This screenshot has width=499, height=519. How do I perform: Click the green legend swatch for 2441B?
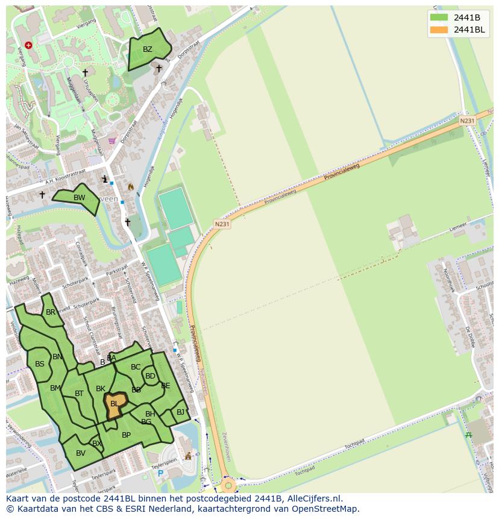(x=439, y=17)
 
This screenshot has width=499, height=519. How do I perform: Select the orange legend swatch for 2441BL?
(x=439, y=30)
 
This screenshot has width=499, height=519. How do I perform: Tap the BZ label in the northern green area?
(x=148, y=49)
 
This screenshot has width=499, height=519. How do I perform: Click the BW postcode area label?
(x=79, y=198)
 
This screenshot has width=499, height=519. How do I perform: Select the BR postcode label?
(x=51, y=312)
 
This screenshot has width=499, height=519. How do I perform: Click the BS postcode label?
(x=40, y=364)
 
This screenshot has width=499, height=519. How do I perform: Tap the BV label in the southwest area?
(x=81, y=453)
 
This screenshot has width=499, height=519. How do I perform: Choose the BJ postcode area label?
(x=181, y=412)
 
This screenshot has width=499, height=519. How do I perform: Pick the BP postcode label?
(x=126, y=435)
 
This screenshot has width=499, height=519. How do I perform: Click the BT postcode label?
(x=79, y=394)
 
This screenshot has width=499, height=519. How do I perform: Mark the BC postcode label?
(x=136, y=367)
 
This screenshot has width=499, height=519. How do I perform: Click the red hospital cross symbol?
(x=28, y=45)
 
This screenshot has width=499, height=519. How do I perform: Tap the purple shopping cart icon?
(x=111, y=141)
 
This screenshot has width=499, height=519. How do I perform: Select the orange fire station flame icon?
(x=130, y=187)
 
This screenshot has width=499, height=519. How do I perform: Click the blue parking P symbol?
(x=160, y=473)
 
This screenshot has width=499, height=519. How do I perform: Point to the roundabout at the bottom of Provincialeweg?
(x=228, y=485)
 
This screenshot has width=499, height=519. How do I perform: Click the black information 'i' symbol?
(x=105, y=179)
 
